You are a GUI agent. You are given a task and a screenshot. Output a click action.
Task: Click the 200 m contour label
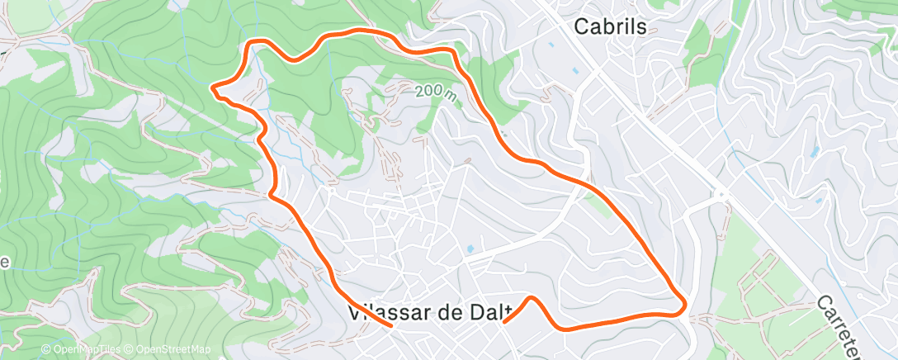coord(436,91)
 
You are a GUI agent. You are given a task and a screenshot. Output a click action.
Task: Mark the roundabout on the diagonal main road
coord(721,196)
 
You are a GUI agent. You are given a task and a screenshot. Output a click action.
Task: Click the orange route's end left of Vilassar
coord(390,325)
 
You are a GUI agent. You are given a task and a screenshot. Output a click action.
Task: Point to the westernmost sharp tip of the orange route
coord(213,86)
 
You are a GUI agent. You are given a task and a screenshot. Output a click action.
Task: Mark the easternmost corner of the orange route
coord(685,308)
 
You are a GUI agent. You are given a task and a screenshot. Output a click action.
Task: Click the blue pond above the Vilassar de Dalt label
coord(470,248)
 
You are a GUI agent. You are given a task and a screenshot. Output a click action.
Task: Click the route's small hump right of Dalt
coord(532,299)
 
